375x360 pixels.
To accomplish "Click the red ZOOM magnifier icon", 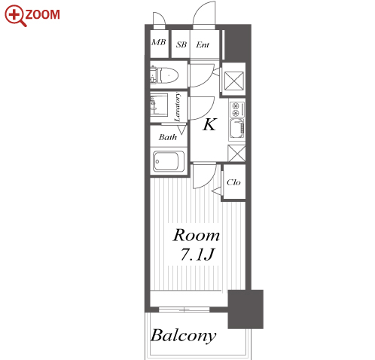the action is (15, 16).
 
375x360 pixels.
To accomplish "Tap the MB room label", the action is (159, 42).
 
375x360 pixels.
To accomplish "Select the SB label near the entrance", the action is (181, 44).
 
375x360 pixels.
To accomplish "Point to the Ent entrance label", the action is (203, 44).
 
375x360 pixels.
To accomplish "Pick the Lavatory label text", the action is (178, 107).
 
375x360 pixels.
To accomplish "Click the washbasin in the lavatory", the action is (159, 105).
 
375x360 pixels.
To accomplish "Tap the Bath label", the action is (168, 137).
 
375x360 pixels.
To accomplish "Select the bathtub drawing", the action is (169, 161).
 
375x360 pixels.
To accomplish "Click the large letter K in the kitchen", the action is (209, 124).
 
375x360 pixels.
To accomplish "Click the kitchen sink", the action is (237, 129).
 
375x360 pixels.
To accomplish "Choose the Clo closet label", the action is (233, 182).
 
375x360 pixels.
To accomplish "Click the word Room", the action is (197, 235).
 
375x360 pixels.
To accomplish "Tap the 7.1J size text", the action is (197, 255).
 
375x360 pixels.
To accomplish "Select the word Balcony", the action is (183, 336).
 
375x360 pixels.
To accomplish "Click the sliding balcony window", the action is (184, 310).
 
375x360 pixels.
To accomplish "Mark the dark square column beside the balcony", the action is (245, 310).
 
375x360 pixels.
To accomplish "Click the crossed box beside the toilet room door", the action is (234, 81).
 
